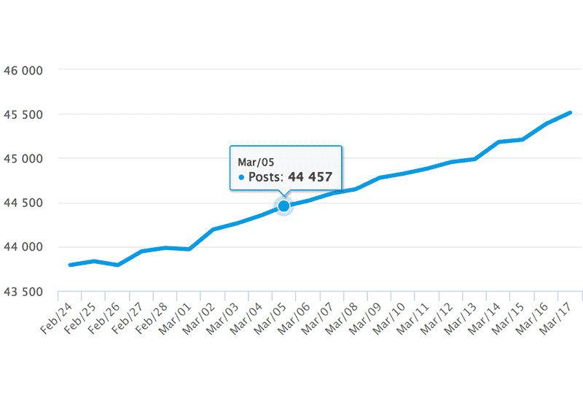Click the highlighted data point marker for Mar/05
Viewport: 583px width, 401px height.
point(283,206)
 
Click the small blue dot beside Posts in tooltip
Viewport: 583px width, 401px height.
point(241,177)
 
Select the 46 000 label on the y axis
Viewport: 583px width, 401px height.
point(25,71)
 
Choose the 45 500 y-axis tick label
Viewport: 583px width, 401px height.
point(25,114)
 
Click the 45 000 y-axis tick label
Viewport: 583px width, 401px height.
point(25,158)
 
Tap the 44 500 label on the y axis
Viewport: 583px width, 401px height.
point(25,203)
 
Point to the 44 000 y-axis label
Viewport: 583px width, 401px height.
point(25,247)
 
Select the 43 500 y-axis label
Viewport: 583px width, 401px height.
point(25,292)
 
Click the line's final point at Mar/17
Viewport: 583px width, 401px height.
point(570,112)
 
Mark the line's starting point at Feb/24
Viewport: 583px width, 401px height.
point(70,265)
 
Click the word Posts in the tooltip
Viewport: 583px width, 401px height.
point(265,177)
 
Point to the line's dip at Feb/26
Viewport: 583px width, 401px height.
point(117,265)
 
